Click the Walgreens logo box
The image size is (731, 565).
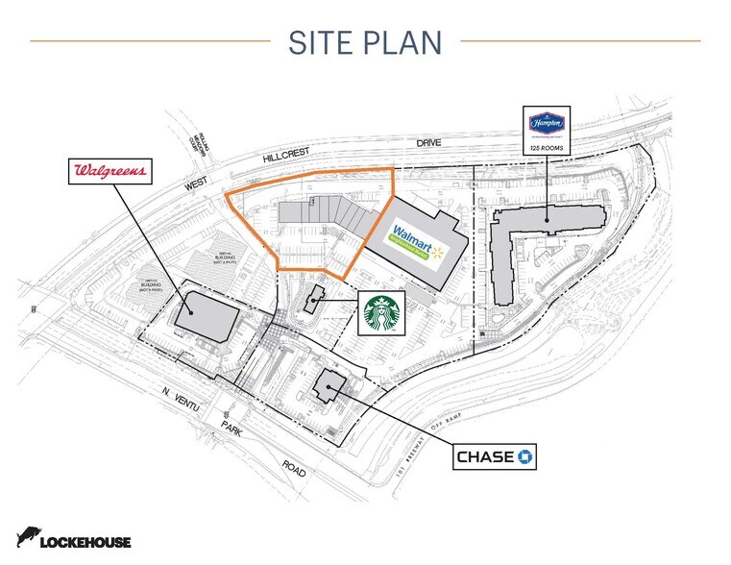pyautogui.click(x=111, y=172)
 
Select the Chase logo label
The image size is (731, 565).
pyautogui.click(x=495, y=456)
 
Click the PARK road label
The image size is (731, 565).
pyautogui.click(x=232, y=430)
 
